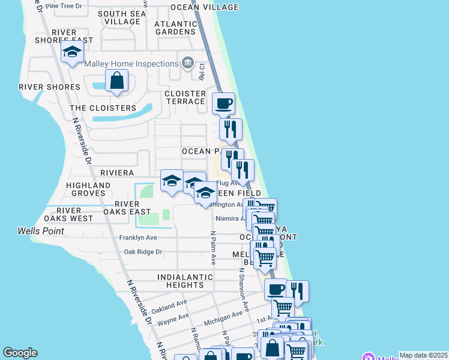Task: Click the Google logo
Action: click(20, 353)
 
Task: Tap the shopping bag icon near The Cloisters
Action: click(117, 80)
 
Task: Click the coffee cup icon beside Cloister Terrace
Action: click(223, 103)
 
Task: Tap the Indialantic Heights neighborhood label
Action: click(185, 281)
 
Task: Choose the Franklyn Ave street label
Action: click(138, 238)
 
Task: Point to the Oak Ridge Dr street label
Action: click(143, 252)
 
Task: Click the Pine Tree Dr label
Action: click(71, 4)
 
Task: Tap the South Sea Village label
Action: click(122, 17)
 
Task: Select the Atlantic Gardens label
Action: click(175, 28)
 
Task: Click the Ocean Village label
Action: click(204, 7)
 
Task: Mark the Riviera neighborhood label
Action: click(117, 172)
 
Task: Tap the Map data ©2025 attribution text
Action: click(423, 355)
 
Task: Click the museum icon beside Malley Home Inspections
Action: click(188, 63)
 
